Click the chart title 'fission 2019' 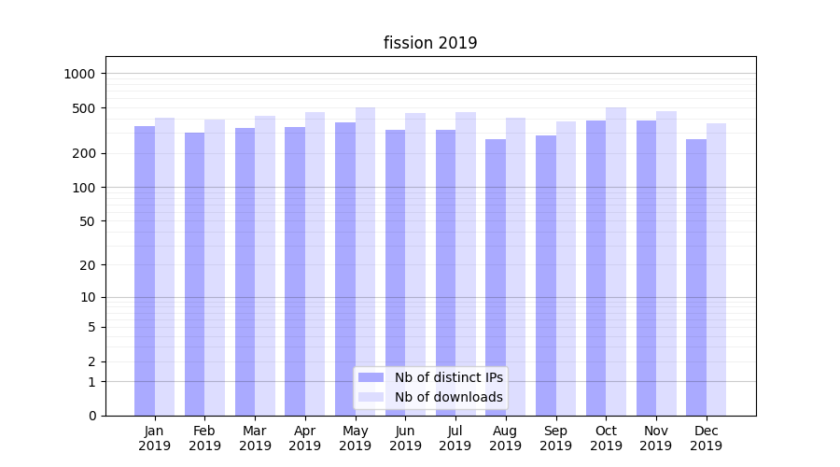coord(430,43)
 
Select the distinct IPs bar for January coord(145,271)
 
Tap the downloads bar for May coord(365,262)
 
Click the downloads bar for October coord(616,262)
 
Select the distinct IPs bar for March coord(245,272)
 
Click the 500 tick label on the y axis coord(85,108)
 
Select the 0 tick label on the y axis coord(91,416)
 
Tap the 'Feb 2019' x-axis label coord(204,438)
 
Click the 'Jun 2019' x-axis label coord(405,438)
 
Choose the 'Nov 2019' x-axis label coord(656,438)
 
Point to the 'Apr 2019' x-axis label coord(305,438)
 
